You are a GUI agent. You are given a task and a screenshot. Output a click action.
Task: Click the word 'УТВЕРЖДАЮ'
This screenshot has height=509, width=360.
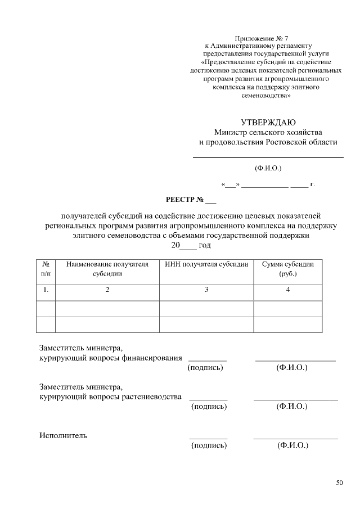point(268,122)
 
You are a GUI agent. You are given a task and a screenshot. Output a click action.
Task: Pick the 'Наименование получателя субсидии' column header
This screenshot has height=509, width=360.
point(107,269)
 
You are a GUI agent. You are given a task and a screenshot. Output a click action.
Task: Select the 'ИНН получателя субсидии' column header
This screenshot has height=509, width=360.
point(206,264)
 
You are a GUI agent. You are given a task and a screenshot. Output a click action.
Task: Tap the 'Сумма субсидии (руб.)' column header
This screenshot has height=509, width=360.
point(288,269)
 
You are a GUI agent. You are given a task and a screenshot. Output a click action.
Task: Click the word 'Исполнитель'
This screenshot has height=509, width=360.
point(63,435)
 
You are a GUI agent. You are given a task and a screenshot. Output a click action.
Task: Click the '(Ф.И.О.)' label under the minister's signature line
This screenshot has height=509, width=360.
point(268,168)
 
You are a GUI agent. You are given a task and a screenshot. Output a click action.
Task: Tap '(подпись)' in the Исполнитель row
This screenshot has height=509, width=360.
point(209,445)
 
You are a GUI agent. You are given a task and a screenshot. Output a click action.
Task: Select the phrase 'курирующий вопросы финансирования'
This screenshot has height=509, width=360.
point(111,357)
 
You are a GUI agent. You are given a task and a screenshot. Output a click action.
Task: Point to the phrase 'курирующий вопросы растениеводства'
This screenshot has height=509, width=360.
point(111,397)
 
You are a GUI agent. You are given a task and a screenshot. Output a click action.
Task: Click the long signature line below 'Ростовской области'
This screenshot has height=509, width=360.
point(268,157)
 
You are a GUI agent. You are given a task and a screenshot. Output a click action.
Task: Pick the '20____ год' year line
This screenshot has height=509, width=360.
point(191,246)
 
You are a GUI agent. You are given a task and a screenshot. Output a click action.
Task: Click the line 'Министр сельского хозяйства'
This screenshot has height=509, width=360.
point(268,132)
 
